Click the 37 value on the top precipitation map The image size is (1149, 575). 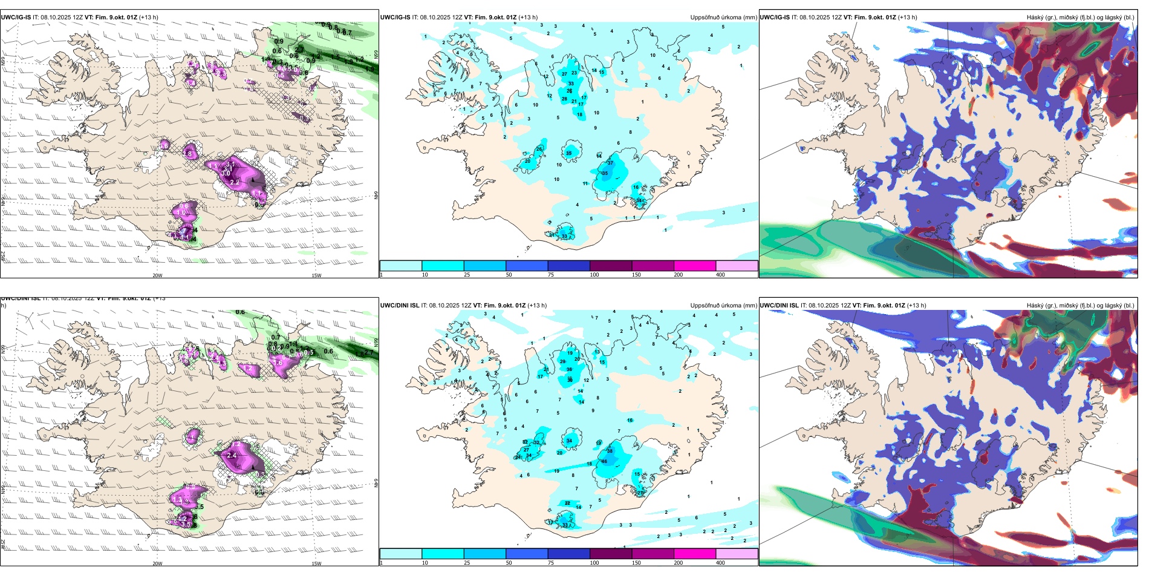pyautogui.click(x=610, y=163)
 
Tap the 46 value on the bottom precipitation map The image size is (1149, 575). pyautogui.click(x=604, y=461)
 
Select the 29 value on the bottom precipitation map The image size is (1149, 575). pyautogui.click(x=563, y=361)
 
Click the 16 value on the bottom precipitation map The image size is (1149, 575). pyautogui.click(x=630, y=420)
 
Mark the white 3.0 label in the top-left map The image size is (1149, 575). pyautogui.click(x=226, y=173)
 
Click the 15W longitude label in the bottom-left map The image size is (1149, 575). pyautogui.click(x=316, y=563)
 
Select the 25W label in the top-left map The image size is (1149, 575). pyautogui.click(x=3, y=257)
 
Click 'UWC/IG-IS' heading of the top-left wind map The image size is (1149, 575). pyautogui.click(x=16, y=18)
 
